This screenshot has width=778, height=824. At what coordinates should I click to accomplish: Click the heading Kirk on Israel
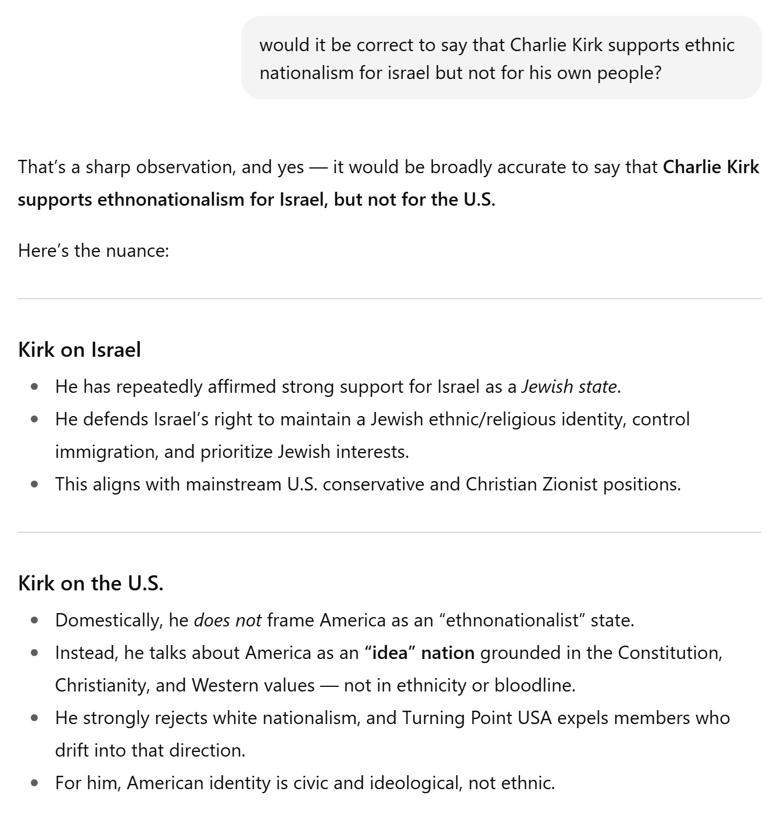click(80, 350)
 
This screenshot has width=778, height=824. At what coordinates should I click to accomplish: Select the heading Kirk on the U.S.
click(91, 583)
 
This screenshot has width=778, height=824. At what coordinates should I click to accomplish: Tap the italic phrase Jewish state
click(569, 386)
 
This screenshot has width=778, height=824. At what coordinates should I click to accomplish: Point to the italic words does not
click(227, 620)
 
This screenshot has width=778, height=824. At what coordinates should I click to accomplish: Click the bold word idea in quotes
click(390, 653)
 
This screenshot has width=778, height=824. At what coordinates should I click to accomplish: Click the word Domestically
click(109, 620)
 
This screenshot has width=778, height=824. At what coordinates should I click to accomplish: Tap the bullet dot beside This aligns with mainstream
click(35, 484)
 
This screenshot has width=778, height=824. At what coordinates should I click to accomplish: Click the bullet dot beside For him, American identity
click(35, 783)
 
